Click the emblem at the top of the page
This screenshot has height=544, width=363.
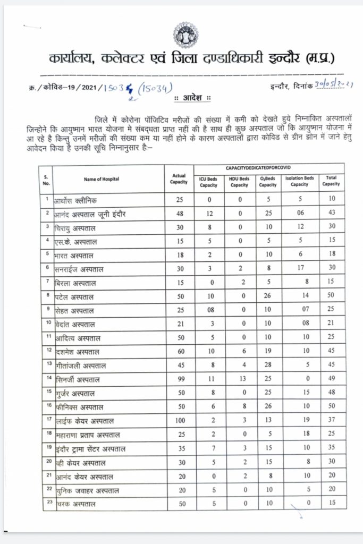[x=185, y=35]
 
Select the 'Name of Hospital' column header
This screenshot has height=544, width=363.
[x=102, y=179]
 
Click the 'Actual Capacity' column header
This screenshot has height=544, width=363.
[x=179, y=179]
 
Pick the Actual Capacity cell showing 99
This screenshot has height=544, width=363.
[x=179, y=380]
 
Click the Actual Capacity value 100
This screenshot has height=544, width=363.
[x=179, y=421]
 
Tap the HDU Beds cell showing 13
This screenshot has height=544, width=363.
[x=240, y=380]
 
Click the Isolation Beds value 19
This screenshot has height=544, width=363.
[x=300, y=421]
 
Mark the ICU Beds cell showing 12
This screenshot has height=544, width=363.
[x=209, y=214]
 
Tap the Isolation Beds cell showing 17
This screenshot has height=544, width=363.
[x=300, y=269]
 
